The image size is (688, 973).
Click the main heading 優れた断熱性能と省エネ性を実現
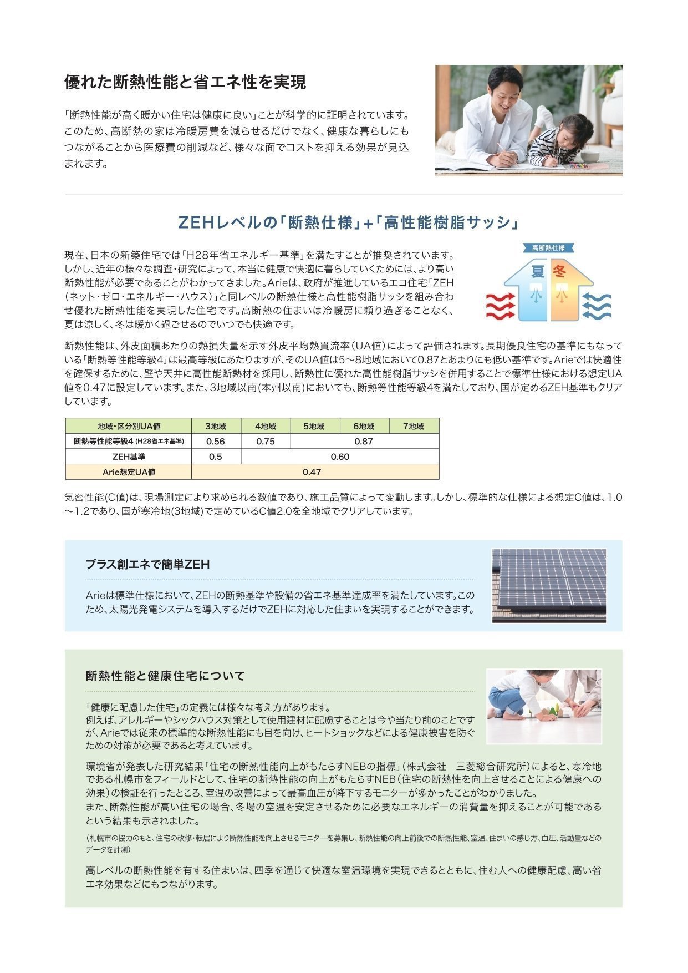(185, 83)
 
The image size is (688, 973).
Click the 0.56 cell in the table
(216, 442)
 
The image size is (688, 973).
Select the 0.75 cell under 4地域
(266, 442)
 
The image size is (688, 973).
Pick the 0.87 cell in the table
(364, 442)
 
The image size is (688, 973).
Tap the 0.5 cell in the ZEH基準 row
(216, 457)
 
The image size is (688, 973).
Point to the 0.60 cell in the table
(340, 457)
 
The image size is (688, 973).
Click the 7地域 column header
(414, 426)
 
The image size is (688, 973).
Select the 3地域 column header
(216, 426)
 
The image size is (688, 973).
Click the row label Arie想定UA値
(129, 472)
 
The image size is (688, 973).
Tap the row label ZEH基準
(129, 457)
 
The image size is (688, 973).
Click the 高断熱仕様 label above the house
(548, 248)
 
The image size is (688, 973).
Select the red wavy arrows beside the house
(501, 306)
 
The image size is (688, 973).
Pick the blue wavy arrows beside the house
(597, 306)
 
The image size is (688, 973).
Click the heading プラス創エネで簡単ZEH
(147, 565)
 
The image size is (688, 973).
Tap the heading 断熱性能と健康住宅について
(165, 676)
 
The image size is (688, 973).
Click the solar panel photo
(549, 586)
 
